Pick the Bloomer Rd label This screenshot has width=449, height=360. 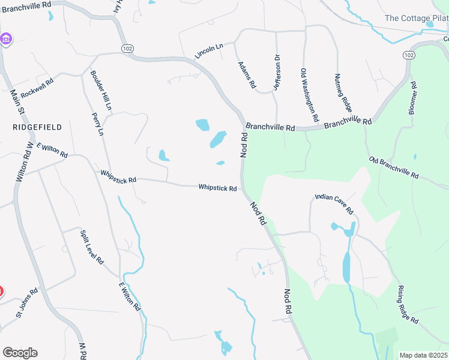(x=412, y=96)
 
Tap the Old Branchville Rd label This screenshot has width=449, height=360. (x=394, y=167)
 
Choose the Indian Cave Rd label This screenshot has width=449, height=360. (x=334, y=204)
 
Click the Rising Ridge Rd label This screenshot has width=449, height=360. (x=408, y=305)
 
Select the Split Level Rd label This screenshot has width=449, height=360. (x=92, y=247)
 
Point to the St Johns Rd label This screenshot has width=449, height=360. (x=26, y=303)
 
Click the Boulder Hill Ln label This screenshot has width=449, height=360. (x=101, y=91)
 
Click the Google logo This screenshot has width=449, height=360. (x=20, y=353)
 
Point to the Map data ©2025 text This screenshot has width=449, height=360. (x=423, y=355)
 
